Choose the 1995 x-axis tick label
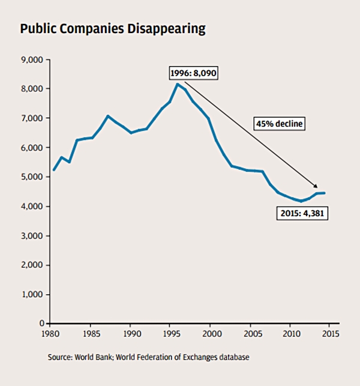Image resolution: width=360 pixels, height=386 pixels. [170, 333]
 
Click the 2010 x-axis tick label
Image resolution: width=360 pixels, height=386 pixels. [290, 333]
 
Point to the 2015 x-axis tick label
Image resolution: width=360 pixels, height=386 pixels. [331, 333]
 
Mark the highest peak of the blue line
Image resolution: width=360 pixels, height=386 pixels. [178, 84]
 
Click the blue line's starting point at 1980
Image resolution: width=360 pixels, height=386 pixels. [53, 170]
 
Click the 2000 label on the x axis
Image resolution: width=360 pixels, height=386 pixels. [210, 333]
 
